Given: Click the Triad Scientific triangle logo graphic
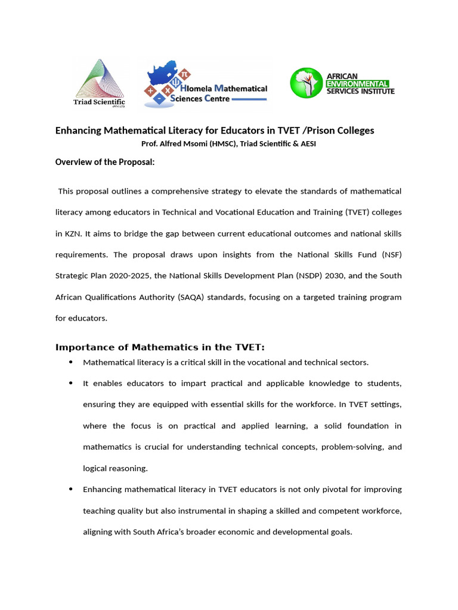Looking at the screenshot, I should click(99, 78).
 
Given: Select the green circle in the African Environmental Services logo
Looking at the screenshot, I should click(305, 83).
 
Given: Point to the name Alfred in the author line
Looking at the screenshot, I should click(173, 144).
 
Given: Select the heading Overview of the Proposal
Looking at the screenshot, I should click(105, 161).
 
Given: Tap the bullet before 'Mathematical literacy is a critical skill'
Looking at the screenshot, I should click(71, 362).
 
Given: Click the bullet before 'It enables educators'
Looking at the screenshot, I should click(71, 383).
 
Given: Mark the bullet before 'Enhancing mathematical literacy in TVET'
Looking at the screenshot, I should click(71, 489).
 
